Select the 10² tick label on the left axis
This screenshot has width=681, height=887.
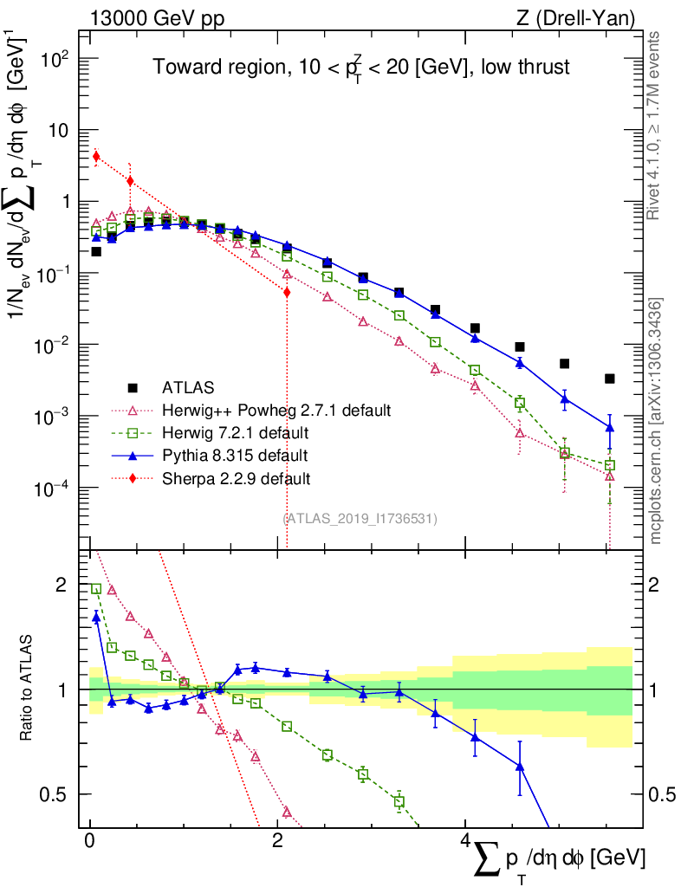(x=55, y=59)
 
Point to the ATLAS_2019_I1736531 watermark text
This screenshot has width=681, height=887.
(x=360, y=518)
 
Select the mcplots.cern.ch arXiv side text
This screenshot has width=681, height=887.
(x=656, y=421)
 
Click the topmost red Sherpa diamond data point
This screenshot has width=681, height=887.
(x=96, y=157)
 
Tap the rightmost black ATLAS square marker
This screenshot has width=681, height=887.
(x=610, y=379)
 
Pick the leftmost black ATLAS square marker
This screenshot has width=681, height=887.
(x=96, y=252)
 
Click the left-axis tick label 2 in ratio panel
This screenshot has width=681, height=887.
(x=61, y=585)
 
